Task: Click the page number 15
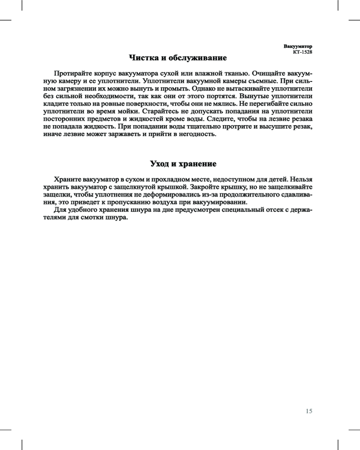pyautogui.click(x=308, y=411)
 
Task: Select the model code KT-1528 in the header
pyautogui.click(x=302, y=52)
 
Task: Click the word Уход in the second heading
pyautogui.click(x=161, y=163)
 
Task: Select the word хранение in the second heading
pyautogui.click(x=196, y=163)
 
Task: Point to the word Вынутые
pyautogui.click(x=255, y=97)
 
